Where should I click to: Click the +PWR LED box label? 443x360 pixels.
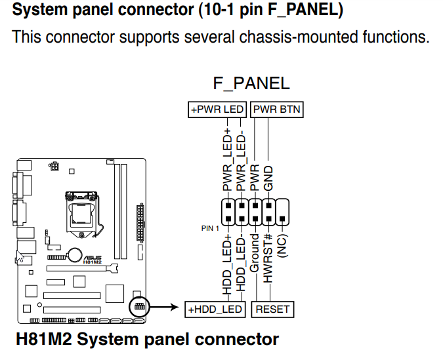pyautogui.click(x=217, y=110)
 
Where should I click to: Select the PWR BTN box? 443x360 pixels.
pyautogui.click(x=277, y=110)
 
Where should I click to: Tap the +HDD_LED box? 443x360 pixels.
pyautogui.click(x=215, y=309)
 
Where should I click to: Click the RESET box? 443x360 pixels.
pyautogui.click(x=272, y=309)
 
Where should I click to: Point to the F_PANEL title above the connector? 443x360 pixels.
pyautogui.click(x=251, y=83)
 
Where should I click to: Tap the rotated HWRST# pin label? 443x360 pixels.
pyautogui.click(x=268, y=258)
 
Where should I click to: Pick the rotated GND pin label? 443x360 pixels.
pyautogui.click(x=268, y=178)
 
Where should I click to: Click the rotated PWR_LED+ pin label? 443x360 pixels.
pyautogui.click(x=227, y=162)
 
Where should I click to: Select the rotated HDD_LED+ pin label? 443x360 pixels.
pyautogui.click(x=227, y=264)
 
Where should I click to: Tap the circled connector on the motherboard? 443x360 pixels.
pyautogui.click(x=138, y=306)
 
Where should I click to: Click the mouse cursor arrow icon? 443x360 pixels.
pyautogui.click(x=21, y=256)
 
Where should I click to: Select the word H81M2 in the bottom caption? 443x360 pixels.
pyautogui.click(x=44, y=340)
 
